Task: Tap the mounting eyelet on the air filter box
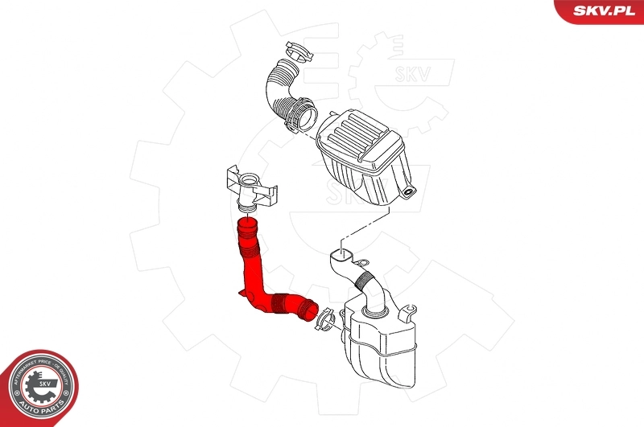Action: (x=411, y=191)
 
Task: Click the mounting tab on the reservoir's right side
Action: (x=411, y=310)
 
